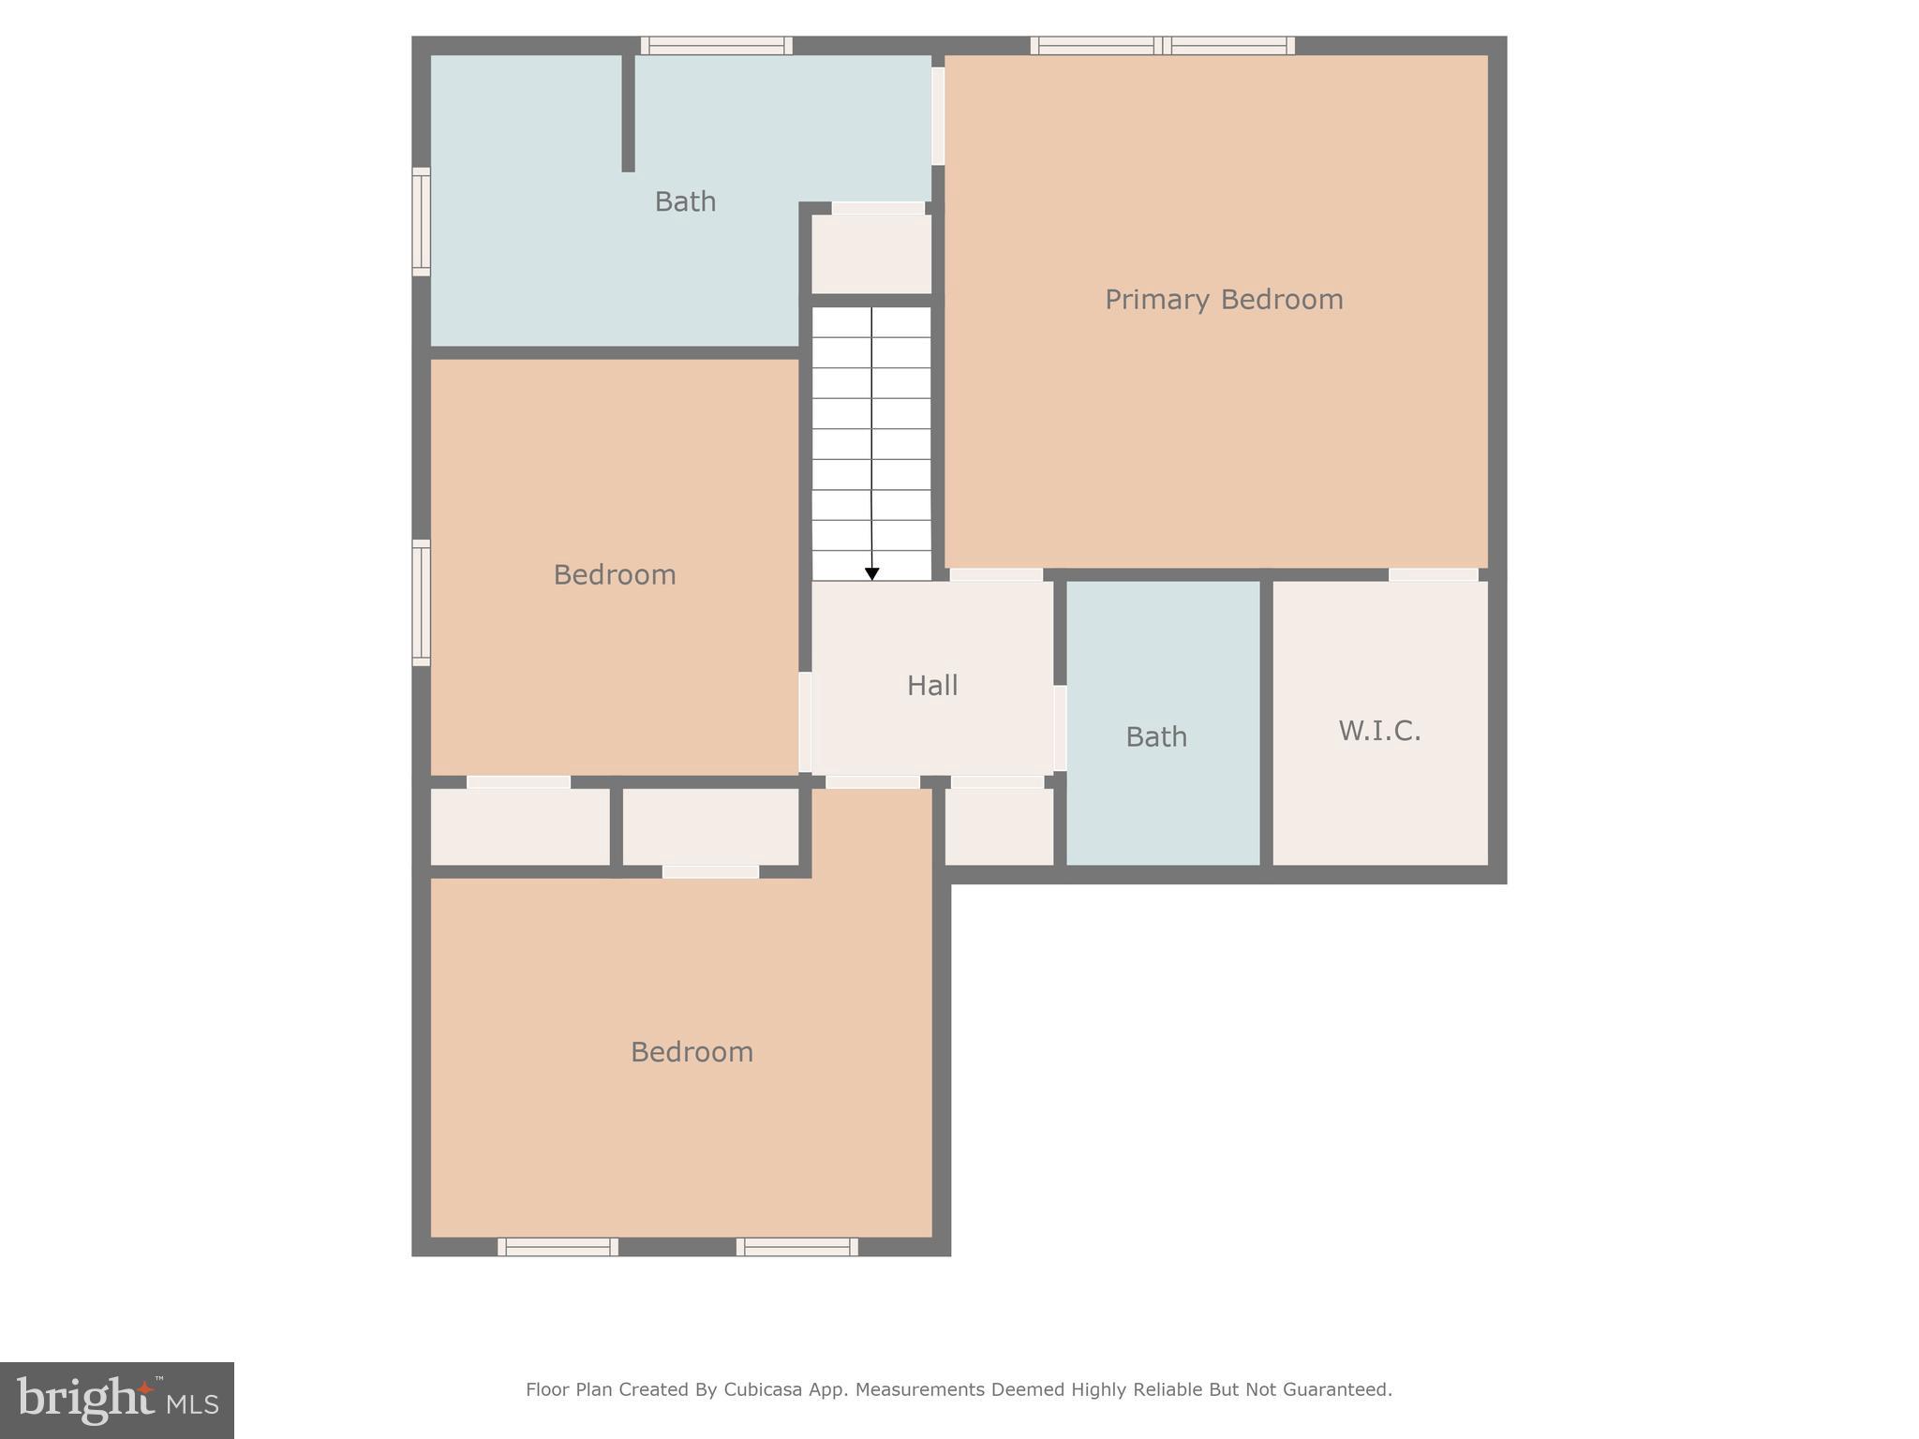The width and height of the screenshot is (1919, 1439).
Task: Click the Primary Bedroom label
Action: point(1223,300)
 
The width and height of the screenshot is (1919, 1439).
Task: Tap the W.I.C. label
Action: point(1379,731)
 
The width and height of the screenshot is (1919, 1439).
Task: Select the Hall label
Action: point(932,686)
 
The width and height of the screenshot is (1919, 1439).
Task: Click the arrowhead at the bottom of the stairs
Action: point(871,573)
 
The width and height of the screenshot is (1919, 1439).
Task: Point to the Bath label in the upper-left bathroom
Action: point(685,201)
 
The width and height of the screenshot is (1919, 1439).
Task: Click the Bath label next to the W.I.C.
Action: point(1156,737)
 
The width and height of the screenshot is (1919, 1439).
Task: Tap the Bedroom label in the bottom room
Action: point(692,1052)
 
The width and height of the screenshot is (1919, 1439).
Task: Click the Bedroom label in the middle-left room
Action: point(615,574)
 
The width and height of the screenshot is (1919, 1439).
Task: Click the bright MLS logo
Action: point(117,1400)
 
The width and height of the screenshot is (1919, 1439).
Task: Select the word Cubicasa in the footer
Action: point(762,1389)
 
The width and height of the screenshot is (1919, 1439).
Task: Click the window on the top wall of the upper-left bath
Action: point(717,45)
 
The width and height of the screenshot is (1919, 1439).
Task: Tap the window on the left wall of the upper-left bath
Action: point(422,222)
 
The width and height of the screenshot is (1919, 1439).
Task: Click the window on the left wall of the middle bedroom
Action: point(422,602)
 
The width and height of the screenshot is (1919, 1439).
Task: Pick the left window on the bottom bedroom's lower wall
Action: point(558,1247)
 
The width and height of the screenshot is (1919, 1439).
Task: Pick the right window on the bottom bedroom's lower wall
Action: point(796,1247)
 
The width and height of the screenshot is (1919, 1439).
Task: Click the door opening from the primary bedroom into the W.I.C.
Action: point(1433,574)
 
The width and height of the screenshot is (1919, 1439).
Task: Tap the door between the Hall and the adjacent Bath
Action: point(1060,728)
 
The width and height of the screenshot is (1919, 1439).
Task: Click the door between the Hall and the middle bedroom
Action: point(805,721)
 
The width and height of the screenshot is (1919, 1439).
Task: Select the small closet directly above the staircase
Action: point(871,253)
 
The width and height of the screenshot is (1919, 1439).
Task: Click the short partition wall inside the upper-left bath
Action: point(628,112)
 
